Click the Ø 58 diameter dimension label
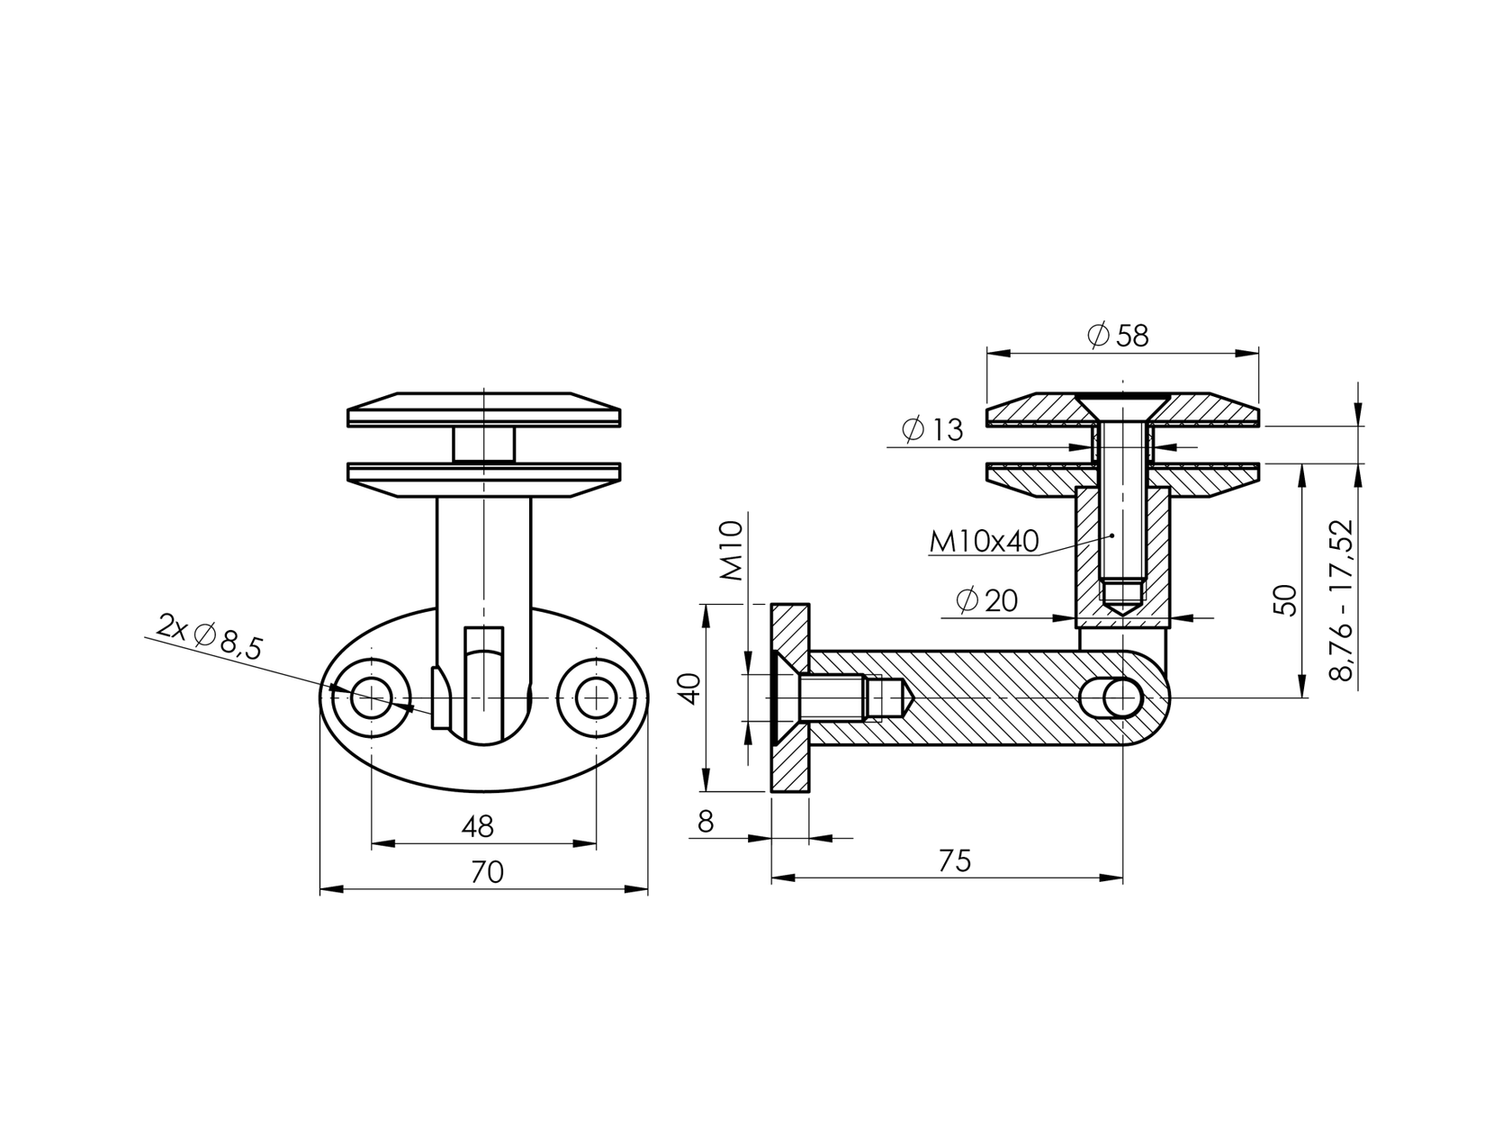[x=1118, y=336]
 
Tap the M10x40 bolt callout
[x=984, y=541]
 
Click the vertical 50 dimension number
[x=1288, y=599]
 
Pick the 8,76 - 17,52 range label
[x=1345, y=599]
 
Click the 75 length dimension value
[x=954, y=861]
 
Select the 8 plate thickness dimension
[x=706, y=822]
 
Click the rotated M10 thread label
[x=731, y=551]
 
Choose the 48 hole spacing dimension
[x=477, y=825]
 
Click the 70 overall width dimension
[x=486, y=872]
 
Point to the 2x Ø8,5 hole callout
[x=209, y=636]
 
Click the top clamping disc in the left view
[x=483, y=409]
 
